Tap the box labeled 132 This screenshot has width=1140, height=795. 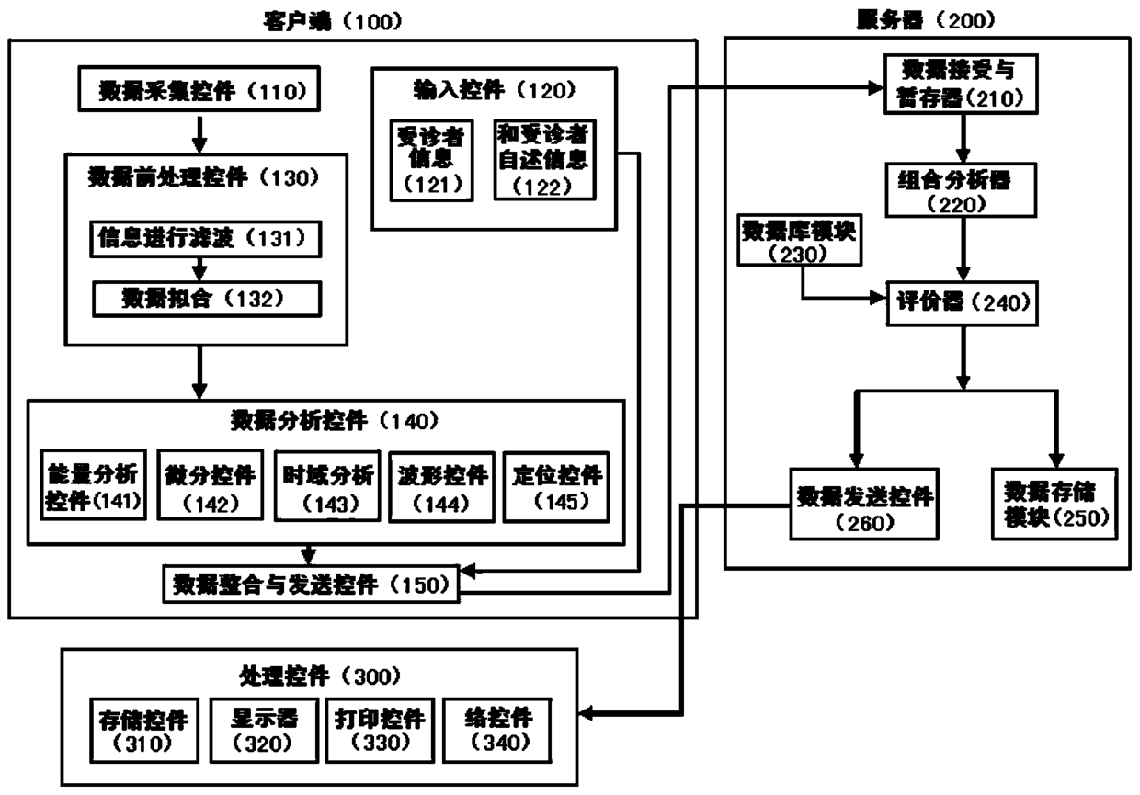click(208, 298)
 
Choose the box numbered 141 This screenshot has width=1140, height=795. click(95, 486)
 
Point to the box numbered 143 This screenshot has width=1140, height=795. click(326, 486)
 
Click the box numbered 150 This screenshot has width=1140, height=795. click(311, 584)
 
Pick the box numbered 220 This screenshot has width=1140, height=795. click(963, 191)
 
